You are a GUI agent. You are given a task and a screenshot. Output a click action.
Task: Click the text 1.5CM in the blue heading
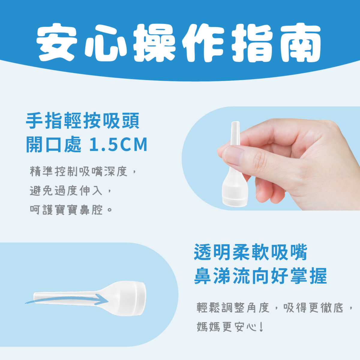118,145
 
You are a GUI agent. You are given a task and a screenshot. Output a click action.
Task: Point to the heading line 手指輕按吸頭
83,121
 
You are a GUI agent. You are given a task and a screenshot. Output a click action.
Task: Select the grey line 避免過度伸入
66,191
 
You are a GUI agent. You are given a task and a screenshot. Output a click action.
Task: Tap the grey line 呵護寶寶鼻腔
66,210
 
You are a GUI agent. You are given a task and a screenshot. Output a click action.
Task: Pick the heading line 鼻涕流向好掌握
260,276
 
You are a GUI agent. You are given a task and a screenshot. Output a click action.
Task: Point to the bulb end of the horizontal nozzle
132,298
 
